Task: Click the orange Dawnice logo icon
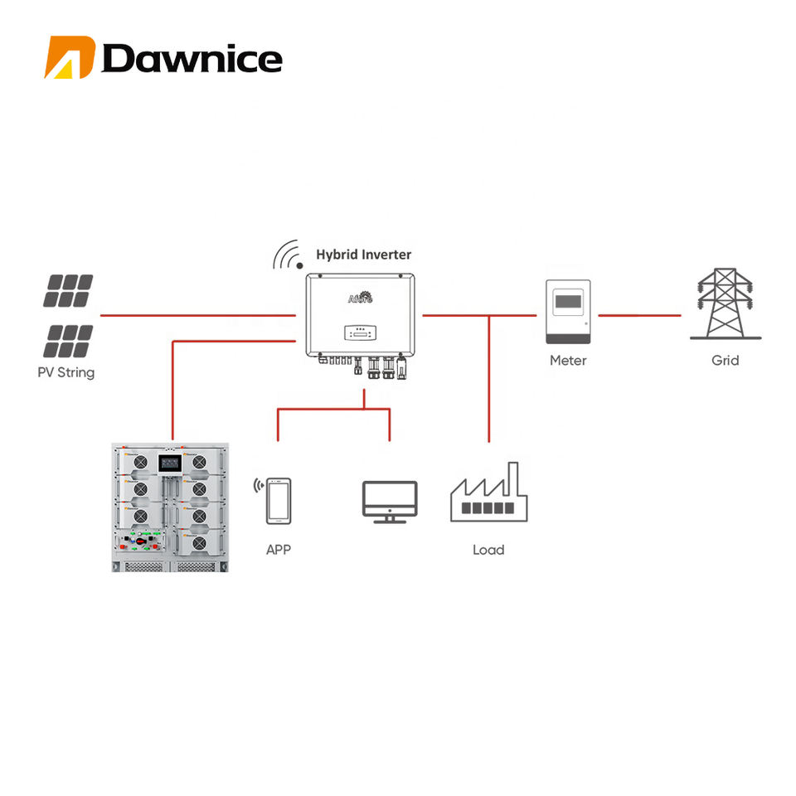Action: (70, 57)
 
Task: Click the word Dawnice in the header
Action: (192, 59)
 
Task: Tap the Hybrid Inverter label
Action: (363, 255)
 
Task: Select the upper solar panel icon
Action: (68, 291)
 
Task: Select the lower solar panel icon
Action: (68, 342)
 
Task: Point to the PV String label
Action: (66, 372)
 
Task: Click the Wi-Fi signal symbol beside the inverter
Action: (288, 255)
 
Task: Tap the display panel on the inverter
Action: (360, 333)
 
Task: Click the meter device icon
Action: (568, 312)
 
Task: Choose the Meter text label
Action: (568, 361)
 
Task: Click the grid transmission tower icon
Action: (726, 303)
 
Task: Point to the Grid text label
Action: (725, 361)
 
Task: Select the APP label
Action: (279, 550)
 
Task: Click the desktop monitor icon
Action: (390, 502)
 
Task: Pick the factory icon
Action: (489, 492)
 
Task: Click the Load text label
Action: (488, 550)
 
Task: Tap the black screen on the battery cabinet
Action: (169, 463)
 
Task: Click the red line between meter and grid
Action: (639, 315)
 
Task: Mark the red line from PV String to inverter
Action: (198, 315)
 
